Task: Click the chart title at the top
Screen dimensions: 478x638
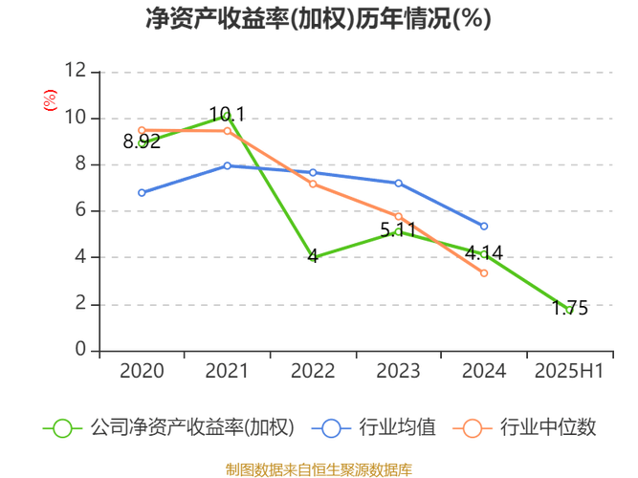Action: [x=319, y=19]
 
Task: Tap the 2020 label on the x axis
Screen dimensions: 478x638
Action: [x=142, y=371]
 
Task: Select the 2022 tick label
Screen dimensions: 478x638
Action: [x=313, y=371]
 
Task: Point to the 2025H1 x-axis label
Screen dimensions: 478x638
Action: [x=568, y=371]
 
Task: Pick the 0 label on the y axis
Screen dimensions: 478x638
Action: [x=81, y=348]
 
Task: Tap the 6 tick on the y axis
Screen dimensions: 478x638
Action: [x=81, y=209]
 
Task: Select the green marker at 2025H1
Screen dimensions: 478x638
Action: [x=572, y=309]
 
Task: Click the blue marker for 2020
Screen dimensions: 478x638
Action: [x=142, y=193]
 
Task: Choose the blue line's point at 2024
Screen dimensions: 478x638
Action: [x=484, y=227]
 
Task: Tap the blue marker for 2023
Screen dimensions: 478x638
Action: [x=399, y=183]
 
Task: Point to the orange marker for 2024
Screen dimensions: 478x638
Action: [x=484, y=273]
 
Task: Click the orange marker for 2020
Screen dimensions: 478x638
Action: [x=142, y=130]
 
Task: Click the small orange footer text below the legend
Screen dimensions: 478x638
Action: [x=319, y=468]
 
